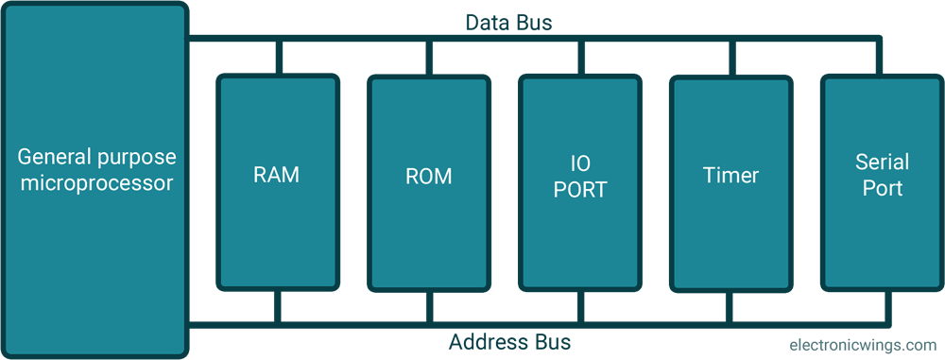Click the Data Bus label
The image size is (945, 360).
click(508, 22)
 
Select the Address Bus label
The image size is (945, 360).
click(509, 341)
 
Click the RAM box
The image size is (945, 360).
click(277, 182)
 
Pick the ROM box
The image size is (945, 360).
click(428, 182)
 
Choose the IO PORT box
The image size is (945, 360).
click(579, 182)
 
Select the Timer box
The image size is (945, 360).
click(730, 182)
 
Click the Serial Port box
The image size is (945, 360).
click(880, 182)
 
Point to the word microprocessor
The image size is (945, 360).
click(96, 183)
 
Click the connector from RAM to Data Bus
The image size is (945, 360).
click(278, 58)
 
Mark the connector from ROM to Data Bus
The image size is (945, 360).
click(429, 58)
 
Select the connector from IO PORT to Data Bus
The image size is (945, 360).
click(580, 58)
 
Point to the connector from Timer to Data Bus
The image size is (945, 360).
click(731, 58)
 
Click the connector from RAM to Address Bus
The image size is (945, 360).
click(278, 307)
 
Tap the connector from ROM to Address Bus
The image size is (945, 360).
click(429, 307)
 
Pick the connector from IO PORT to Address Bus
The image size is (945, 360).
click(580, 307)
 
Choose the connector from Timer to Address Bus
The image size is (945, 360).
click(731, 307)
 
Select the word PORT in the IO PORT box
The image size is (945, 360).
click(580, 189)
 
